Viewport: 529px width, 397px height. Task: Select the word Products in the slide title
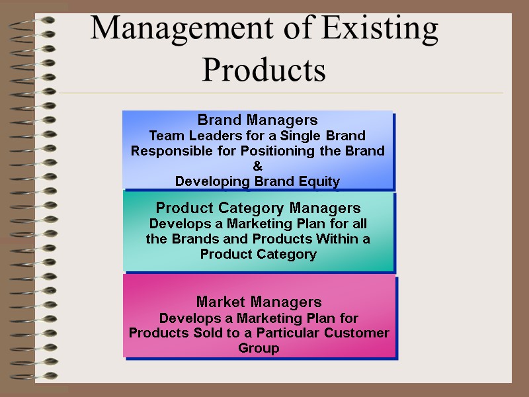tap(264, 69)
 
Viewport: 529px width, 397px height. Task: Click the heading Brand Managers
tap(258, 120)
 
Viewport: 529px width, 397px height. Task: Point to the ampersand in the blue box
tap(258, 166)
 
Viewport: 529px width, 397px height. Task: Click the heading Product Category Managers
tap(258, 208)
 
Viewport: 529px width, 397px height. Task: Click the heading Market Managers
tap(259, 302)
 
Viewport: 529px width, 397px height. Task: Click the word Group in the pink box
tap(259, 348)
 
